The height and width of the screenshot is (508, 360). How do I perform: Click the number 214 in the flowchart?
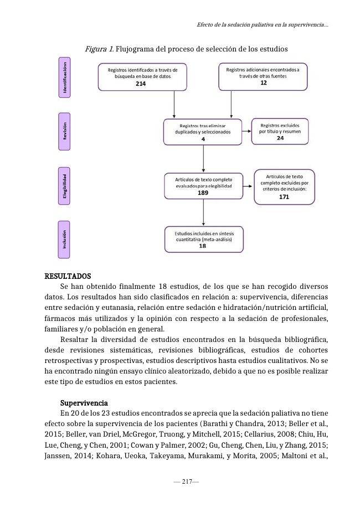[141, 83]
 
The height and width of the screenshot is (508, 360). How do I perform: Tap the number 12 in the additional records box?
[263, 82]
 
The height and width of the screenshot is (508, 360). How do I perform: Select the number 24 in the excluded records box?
[280, 138]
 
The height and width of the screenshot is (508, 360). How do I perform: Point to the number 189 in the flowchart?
[203, 193]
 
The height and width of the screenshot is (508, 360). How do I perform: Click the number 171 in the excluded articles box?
[284, 196]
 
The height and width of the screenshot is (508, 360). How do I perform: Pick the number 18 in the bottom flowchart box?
[202, 246]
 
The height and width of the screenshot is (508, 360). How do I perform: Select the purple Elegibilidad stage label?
[65, 186]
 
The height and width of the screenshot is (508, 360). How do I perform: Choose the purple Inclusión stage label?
[65, 239]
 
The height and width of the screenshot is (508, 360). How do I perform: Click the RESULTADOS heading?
[68, 276]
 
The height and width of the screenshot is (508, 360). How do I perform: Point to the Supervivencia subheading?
[84, 402]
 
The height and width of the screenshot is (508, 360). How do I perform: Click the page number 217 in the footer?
[186, 482]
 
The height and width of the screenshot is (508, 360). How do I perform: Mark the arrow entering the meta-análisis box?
[204, 221]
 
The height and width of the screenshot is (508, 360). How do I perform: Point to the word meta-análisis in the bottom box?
[217, 240]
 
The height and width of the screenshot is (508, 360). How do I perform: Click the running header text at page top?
[262, 25]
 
